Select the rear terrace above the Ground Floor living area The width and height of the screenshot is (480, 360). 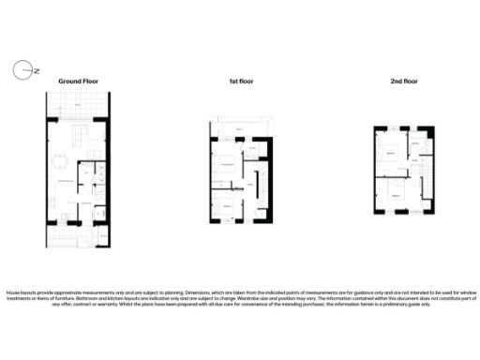coord(78,107)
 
